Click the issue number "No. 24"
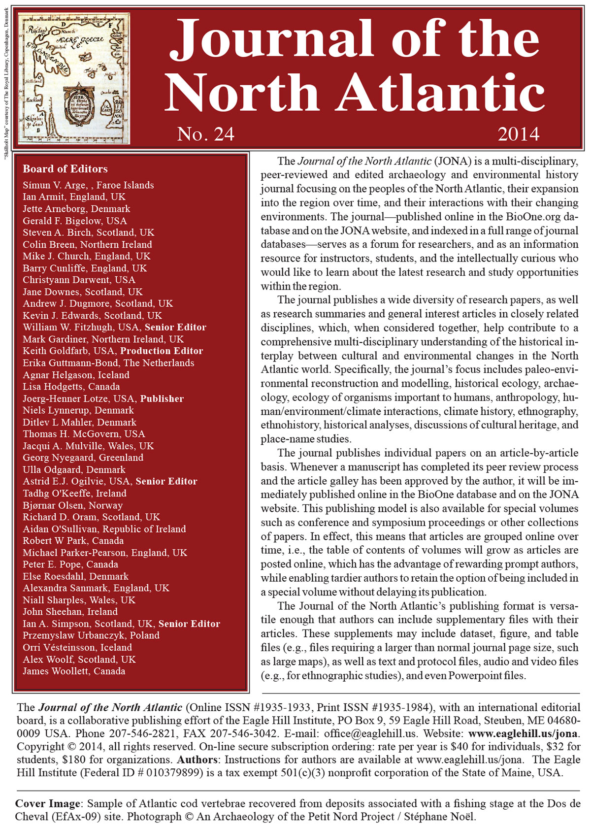[x=205, y=134]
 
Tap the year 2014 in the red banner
[x=518, y=134]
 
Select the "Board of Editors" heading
[x=65, y=169]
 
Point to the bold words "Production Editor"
[x=162, y=351]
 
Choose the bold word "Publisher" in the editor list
[x=162, y=399]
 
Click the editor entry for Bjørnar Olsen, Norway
[x=72, y=505]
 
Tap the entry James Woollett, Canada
[x=74, y=671]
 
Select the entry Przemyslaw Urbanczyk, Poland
[x=91, y=635]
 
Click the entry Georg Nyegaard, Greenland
[x=83, y=458]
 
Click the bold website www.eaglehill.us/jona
[x=523, y=733]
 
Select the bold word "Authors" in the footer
[x=197, y=760]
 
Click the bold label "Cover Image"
[x=47, y=803]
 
